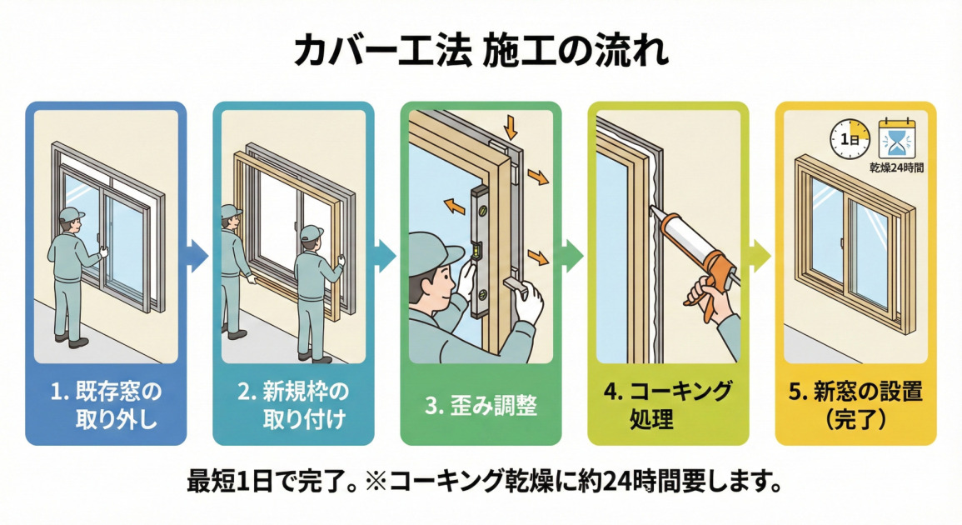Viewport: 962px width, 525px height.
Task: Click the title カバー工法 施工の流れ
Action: click(x=481, y=52)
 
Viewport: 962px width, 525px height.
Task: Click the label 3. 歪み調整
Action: click(x=481, y=406)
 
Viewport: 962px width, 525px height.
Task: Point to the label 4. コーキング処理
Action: click(x=669, y=402)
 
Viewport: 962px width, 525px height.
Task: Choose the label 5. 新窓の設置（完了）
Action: click(x=855, y=404)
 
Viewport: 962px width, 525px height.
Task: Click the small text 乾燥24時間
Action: click(x=895, y=167)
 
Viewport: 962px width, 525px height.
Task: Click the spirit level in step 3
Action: click(x=478, y=254)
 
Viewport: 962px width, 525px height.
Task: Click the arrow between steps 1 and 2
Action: click(x=198, y=255)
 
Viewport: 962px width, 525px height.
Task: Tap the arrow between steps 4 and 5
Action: click(x=760, y=255)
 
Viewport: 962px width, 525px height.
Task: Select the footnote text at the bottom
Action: click(x=481, y=481)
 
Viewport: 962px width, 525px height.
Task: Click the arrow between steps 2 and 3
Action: click(x=386, y=255)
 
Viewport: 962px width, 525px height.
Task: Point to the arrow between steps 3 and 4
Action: click(x=573, y=255)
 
